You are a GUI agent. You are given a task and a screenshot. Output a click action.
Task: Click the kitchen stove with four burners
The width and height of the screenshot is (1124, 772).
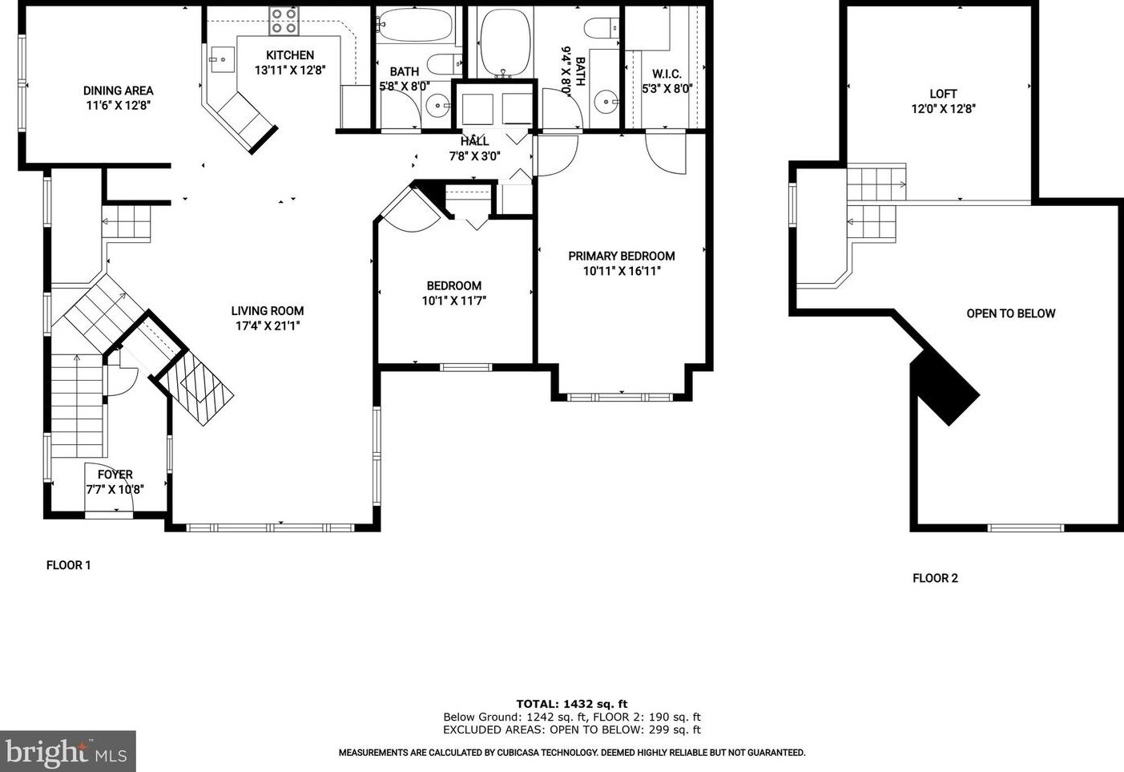(284, 21)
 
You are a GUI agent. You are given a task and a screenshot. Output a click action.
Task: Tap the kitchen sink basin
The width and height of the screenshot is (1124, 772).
(222, 60)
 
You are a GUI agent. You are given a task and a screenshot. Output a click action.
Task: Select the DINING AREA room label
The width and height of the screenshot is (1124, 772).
(118, 91)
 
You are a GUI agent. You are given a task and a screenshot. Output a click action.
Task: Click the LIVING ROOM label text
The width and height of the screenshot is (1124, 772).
(268, 311)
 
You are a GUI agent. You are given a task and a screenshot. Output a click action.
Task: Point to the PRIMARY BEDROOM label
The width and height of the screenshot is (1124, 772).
(621, 256)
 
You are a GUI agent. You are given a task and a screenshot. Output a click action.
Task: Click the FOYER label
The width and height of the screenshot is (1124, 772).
(115, 475)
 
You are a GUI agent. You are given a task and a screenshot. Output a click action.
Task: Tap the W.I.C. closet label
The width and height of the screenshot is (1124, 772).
(667, 75)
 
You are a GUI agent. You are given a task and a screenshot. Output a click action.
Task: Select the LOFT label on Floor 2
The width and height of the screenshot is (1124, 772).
(943, 94)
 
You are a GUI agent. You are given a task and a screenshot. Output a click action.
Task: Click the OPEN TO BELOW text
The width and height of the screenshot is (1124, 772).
(1010, 313)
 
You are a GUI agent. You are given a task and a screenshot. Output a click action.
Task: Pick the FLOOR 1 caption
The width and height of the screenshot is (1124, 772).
(68, 565)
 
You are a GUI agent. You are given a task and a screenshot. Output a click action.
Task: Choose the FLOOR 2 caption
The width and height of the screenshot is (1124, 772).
(935, 578)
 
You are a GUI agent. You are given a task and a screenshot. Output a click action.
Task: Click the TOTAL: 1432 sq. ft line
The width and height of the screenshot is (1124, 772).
(571, 704)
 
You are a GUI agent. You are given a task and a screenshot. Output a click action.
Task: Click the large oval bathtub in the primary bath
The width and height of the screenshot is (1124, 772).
(506, 42)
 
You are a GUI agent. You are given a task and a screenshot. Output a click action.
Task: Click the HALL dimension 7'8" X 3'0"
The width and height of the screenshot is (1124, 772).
(474, 156)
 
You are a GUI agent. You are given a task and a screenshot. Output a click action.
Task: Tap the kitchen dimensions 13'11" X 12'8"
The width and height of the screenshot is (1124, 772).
(290, 71)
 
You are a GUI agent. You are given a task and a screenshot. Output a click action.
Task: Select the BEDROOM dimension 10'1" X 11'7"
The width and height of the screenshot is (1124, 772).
(454, 301)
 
